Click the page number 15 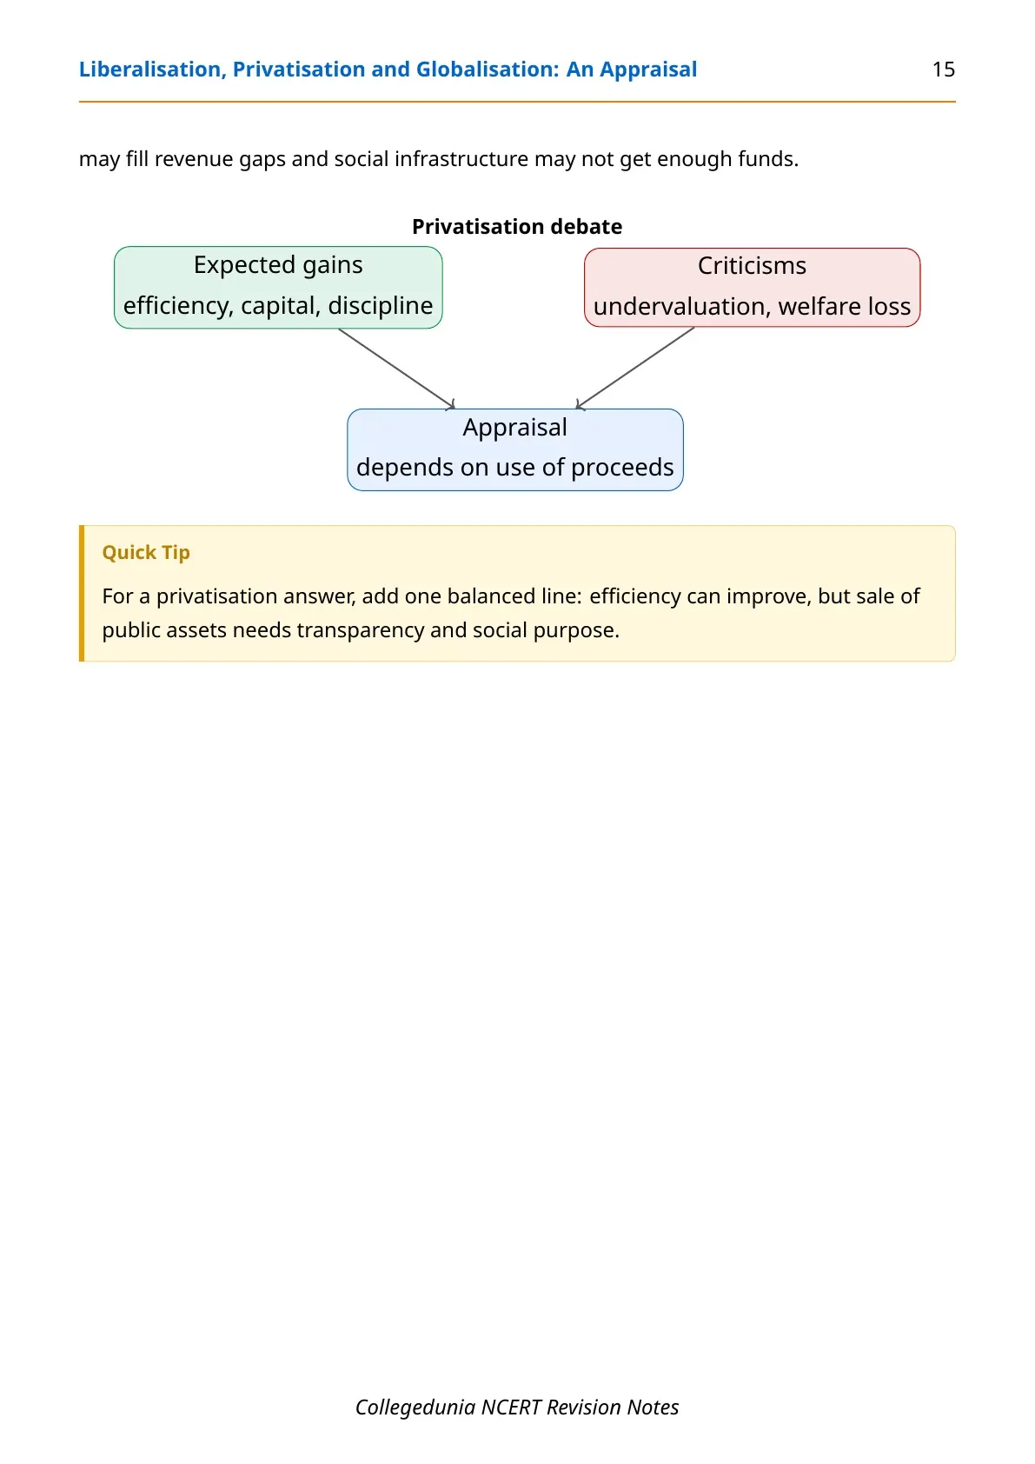click(x=943, y=70)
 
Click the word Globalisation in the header click(x=488, y=70)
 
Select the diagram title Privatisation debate click(x=517, y=226)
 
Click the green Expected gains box click(x=278, y=288)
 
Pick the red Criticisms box click(x=752, y=288)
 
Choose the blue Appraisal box click(x=514, y=449)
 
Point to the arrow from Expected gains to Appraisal click(x=396, y=369)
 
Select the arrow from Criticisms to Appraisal click(x=634, y=368)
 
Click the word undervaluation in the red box click(x=680, y=307)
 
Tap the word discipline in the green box click(x=381, y=306)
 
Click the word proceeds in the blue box click(x=622, y=468)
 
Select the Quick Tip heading click(x=146, y=552)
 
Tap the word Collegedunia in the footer click(x=415, y=1407)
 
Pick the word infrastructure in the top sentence click(x=461, y=159)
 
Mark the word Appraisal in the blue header click(x=648, y=70)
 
